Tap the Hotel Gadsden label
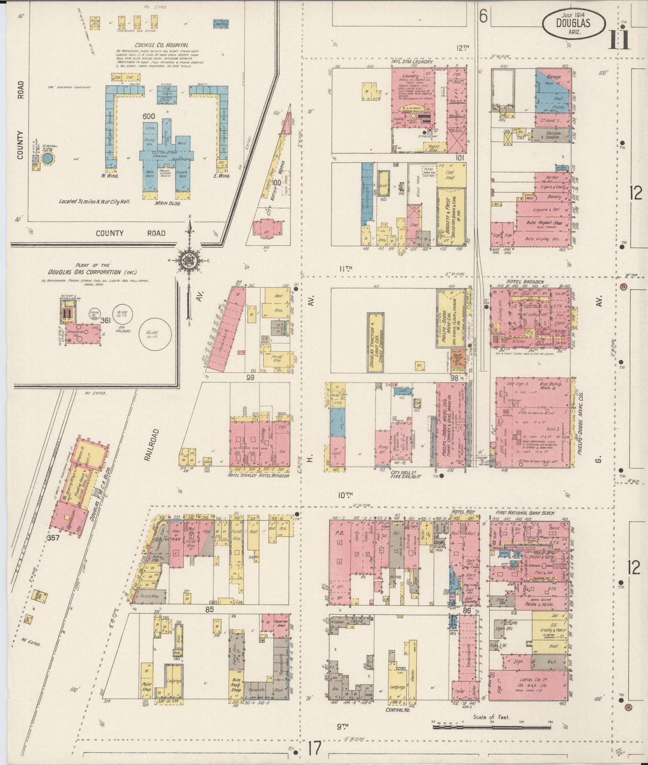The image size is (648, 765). (518, 282)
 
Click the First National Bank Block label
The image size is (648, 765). (525, 513)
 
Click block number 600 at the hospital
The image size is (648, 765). (148, 116)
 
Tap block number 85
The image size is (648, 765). (209, 610)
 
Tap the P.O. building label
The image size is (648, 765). (339, 534)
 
